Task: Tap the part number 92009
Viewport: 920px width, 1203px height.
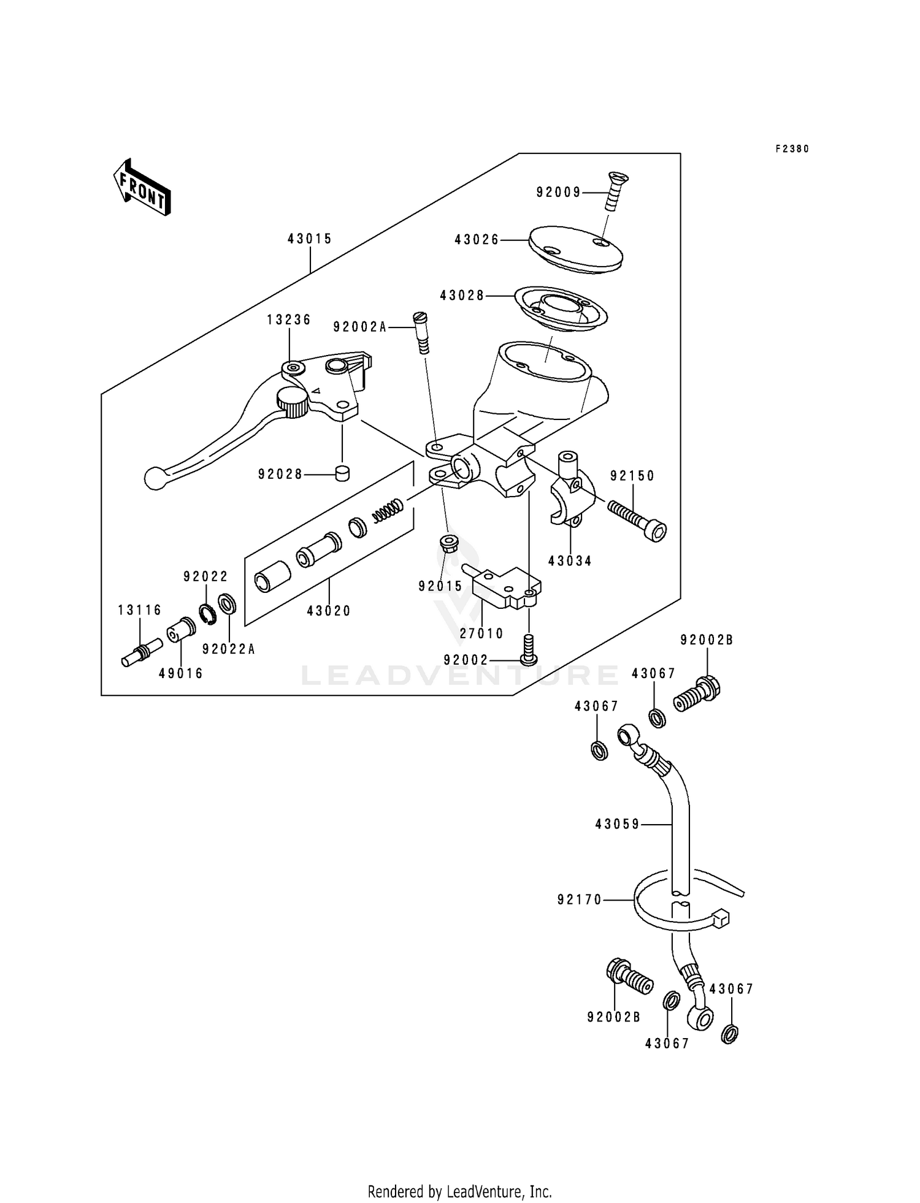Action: click(x=558, y=193)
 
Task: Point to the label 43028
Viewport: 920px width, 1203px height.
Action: click(x=462, y=296)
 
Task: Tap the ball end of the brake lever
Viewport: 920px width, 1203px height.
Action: click(x=155, y=478)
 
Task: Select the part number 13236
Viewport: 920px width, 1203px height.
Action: click(x=289, y=320)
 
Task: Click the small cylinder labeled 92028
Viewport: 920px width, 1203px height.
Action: click(x=342, y=473)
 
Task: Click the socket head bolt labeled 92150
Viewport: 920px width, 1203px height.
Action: click(x=638, y=519)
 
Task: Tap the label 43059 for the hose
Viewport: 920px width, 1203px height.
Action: click(x=617, y=825)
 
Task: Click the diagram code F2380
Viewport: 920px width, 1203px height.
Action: click(x=792, y=149)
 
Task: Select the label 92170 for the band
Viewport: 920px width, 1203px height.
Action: click(x=580, y=899)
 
